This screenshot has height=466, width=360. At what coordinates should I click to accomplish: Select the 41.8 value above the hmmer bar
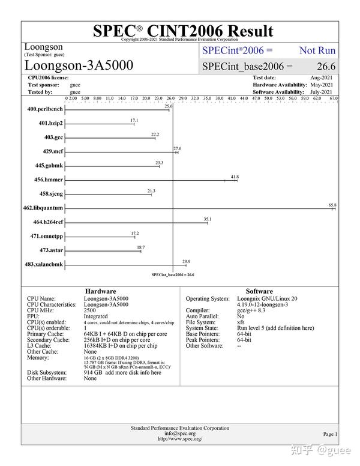[235, 177]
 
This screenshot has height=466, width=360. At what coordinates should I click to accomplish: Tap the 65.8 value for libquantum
[332, 205]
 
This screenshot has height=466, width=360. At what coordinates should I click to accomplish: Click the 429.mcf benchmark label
[50, 151]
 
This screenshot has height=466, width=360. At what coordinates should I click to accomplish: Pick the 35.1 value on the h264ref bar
[208, 219]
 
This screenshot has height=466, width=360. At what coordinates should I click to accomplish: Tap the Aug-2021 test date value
[322, 78]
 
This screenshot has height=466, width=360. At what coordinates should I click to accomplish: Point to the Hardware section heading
[100, 291]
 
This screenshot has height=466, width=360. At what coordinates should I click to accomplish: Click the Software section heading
[259, 291]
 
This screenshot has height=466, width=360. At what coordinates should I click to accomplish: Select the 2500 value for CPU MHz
[89, 310]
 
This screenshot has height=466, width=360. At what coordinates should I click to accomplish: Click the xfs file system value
[241, 322]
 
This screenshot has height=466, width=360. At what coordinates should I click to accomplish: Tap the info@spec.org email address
[180, 434]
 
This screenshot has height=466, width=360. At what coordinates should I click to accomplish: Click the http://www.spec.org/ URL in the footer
[180, 439]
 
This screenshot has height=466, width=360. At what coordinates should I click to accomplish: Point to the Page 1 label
[330, 434]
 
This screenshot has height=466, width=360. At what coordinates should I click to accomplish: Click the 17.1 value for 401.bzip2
[134, 120]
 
